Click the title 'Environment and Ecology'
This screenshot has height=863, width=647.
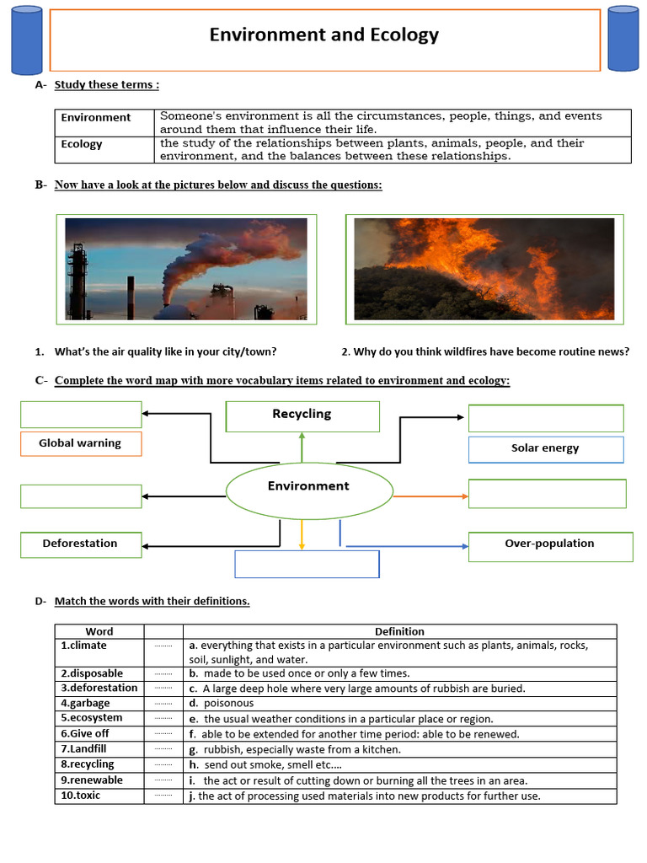tap(324, 35)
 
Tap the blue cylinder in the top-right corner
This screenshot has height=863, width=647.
tap(623, 39)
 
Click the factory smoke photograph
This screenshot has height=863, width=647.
tap(186, 269)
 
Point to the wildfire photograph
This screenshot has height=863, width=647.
tap(484, 269)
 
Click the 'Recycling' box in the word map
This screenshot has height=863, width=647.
tap(302, 415)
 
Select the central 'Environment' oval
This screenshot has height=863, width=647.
tap(308, 486)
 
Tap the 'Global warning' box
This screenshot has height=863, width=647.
tap(81, 443)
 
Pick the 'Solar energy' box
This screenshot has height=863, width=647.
tap(545, 448)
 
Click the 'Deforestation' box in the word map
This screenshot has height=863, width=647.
tap(81, 544)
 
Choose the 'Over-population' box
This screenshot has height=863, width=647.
tap(549, 544)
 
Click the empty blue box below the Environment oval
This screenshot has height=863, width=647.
tap(307, 565)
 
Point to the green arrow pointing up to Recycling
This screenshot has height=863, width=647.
tap(302, 447)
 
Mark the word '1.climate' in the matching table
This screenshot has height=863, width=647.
tap(84, 646)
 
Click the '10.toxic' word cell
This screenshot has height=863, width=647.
tap(81, 796)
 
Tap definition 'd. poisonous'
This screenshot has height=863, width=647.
tap(222, 703)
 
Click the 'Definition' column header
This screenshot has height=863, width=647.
tap(399, 631)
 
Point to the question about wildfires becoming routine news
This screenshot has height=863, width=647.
tap(485, 351)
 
